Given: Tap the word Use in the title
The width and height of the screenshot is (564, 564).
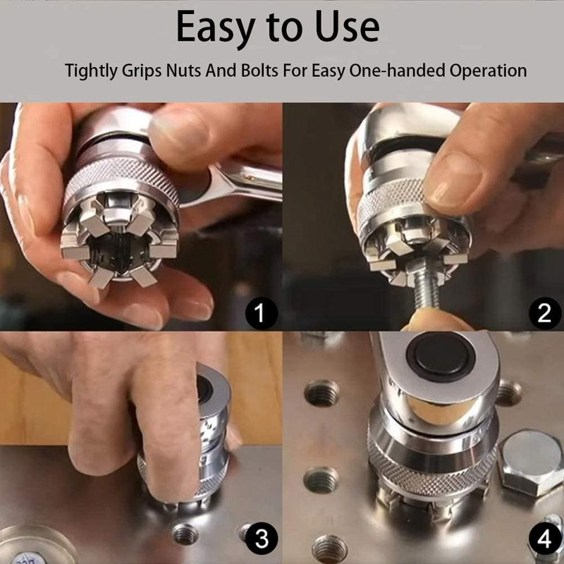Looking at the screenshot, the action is [x=347, y=27].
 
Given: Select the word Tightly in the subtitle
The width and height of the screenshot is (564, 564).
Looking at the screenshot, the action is [x=91, y=70].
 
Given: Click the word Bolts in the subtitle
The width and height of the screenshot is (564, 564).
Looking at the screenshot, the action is [x=259, y=70].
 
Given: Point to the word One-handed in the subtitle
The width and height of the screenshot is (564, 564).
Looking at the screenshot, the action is [x=397, y=70].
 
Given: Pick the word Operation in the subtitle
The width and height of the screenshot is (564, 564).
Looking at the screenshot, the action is [x=488, y=70].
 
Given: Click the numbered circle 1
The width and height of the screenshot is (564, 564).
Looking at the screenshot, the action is [x=262, y=314].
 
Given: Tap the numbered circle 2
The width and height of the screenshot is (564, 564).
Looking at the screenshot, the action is [x=544, y=313].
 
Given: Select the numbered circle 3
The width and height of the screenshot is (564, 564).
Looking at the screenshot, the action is [x=262, y=539].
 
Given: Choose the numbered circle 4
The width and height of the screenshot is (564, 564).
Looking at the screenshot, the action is [x=544, y=539].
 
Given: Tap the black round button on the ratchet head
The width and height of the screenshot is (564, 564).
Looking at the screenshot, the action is [x=441, y=357].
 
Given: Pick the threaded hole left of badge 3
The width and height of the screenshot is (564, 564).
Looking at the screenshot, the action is [x=185, y=534].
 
